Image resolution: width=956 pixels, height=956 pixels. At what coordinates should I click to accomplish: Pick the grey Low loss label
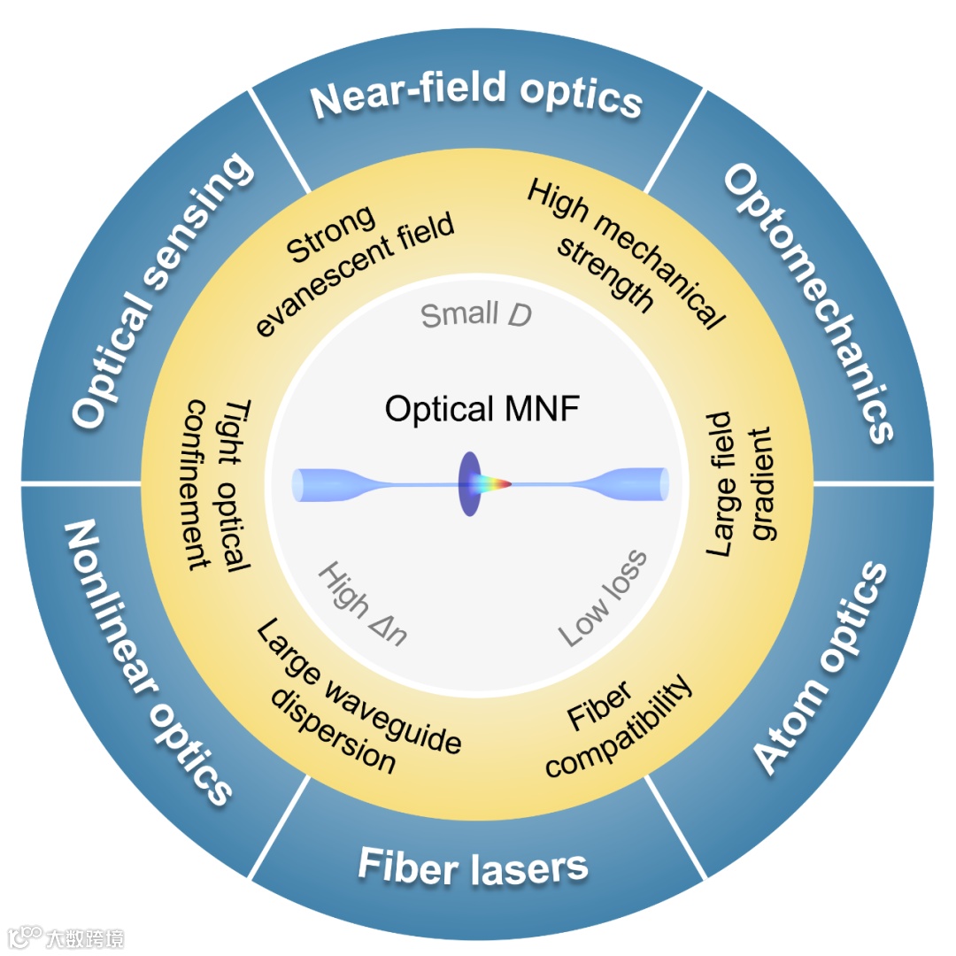[x=603, y=598]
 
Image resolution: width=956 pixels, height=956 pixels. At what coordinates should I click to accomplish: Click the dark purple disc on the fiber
[x=468, y=483]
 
